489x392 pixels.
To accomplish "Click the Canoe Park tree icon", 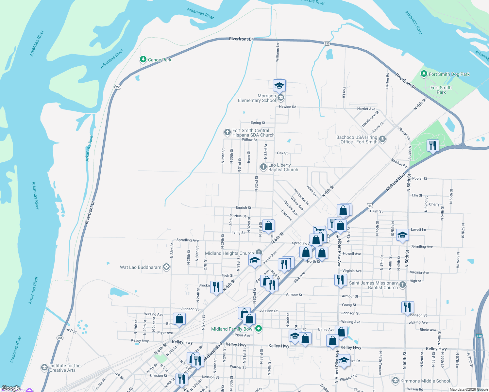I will [143, 59].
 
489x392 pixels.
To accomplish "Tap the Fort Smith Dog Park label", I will [449, 74].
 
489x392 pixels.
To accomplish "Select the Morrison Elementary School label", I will [257, 98].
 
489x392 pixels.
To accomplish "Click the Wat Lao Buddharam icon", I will [166, 267].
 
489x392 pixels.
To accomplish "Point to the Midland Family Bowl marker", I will [259, 329].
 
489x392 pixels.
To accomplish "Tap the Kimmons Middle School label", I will [425, 381].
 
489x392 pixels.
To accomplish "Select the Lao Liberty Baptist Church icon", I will [263, 167].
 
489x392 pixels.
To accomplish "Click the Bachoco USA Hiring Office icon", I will [382, 139].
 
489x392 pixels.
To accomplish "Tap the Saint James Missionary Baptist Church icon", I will [403, 285].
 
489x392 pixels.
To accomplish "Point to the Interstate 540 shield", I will [479, 336].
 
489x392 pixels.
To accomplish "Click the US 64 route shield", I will [370, 205].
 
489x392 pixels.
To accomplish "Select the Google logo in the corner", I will [11, 388].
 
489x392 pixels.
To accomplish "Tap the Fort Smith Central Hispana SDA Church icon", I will [227, 133].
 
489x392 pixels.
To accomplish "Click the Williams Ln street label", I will [278, 52].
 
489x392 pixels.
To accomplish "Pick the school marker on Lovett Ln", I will [402, 235].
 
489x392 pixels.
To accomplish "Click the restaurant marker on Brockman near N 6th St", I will [216, 287].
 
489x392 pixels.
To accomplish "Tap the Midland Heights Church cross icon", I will [259, 253].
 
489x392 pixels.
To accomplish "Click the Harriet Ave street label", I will [366, 109].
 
